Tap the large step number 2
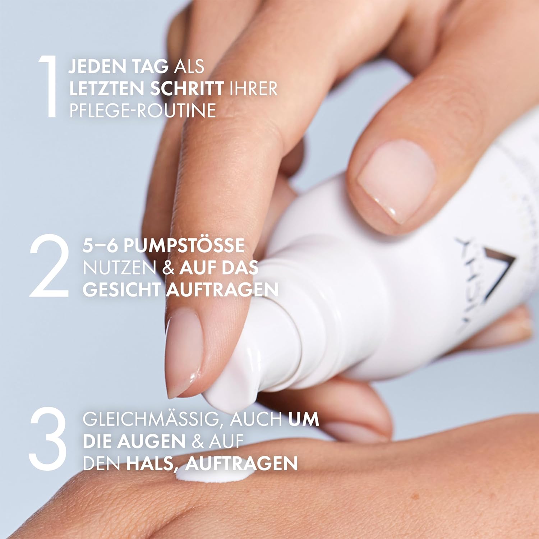click(49, 266)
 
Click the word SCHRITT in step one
click(187, 89)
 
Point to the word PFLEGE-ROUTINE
click(143, 111)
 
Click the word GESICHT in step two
click(121, 290)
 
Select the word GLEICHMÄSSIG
click(151, 420)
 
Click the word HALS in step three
click(152, 464)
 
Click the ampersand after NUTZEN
click(168, 268)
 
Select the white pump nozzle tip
click(230, 395)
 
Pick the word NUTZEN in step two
click(119, 268)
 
